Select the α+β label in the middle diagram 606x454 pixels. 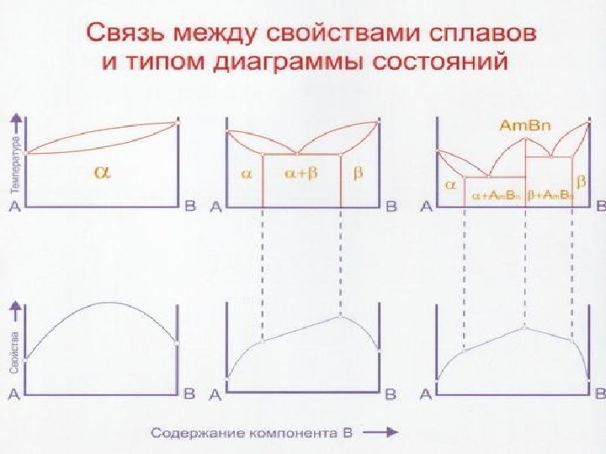point(301,174)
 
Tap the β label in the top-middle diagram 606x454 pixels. point(359,173)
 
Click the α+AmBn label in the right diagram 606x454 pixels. point(496,194)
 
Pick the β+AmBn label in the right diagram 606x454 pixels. point(550,194)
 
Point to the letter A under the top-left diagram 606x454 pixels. point(13,208)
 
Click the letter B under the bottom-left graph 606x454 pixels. point(189,393)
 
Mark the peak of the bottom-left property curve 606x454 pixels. point(105,303)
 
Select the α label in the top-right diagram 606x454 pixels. point(451,180)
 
